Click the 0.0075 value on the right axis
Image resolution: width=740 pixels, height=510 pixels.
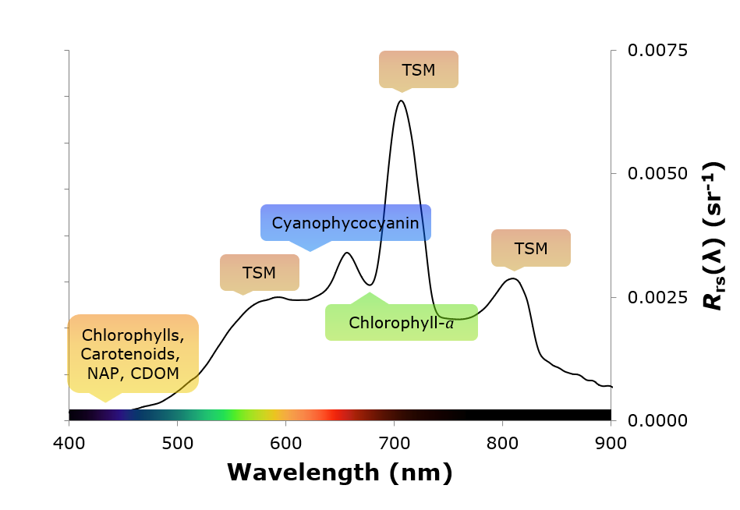[658, 51]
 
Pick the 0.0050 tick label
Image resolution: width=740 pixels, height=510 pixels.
[658, 174]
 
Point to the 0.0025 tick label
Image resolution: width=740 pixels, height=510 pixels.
[658, 297]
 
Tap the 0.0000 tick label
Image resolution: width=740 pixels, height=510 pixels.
[658, 421]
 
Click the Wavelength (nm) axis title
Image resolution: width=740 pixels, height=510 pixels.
[340, 472]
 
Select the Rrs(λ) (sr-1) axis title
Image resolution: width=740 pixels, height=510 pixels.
[713, 236]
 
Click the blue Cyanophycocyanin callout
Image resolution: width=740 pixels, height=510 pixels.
[345, 224]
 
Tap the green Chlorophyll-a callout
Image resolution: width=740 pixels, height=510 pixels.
[401, 323]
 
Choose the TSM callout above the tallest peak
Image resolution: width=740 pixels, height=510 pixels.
[419, 70]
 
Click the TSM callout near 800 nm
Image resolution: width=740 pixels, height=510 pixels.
[531, 249]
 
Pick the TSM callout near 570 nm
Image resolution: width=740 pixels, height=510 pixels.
[259, 273]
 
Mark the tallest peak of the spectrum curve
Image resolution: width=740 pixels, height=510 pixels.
[401, 101]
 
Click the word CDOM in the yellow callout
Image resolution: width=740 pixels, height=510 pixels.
[154, 373]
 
